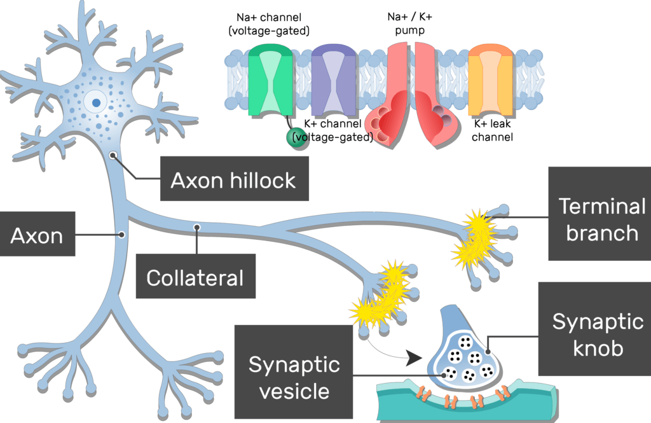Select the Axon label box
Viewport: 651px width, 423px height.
coord(37,237)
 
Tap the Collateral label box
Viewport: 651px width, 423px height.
coord(195,277)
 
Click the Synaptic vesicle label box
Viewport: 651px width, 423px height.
coord(294,377)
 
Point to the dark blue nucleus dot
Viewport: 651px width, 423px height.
coord(95,101)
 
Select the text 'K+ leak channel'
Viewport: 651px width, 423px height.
coord(493,130)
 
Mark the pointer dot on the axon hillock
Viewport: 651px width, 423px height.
coord(113,155)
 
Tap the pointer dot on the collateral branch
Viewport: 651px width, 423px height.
coord(197,226)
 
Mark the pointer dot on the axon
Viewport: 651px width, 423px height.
coord(121,235)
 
